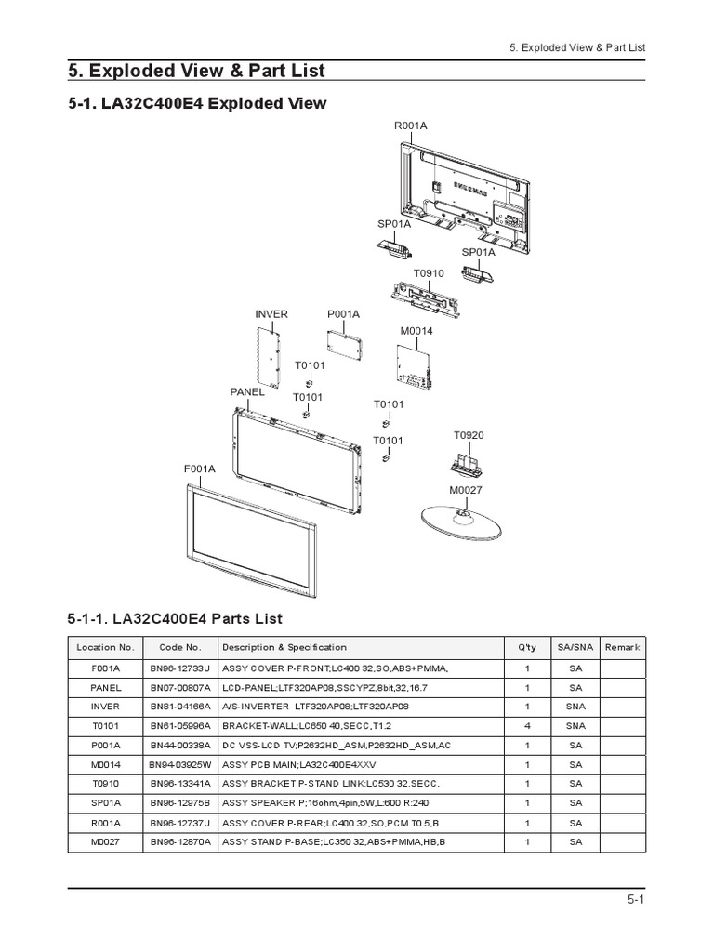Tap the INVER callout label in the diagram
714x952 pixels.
click(x=272, y=314)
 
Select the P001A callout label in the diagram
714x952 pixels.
click(x=343, y=314)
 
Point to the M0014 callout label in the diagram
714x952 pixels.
click(x=416, y=331)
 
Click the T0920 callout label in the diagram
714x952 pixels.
click(x=469, y=435)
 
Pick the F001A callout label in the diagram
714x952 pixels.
click(x=199, y=469)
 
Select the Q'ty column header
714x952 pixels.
click(x=527, y=647)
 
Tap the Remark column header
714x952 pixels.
click(x=622, y=647)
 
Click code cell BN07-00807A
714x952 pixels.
click(x=180, y=688)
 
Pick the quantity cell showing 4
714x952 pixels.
click(x=527, y=725)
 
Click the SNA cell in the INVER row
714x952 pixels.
click(x=575, y=707)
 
